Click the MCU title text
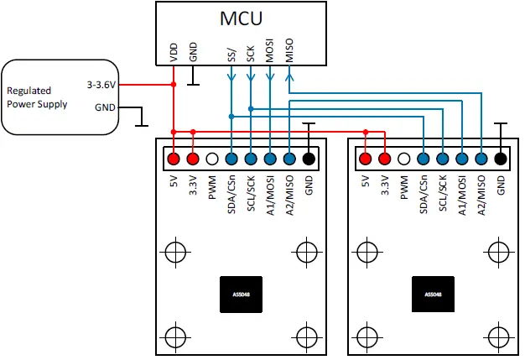(241, 18)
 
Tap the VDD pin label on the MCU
(174, 53)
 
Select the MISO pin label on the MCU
(289, 50)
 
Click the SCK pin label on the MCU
(251, 54)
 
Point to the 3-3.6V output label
(101, 85)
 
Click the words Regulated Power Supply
(37, 97)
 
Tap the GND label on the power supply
(105, 107)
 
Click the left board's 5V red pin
(174, 159)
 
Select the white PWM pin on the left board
(212, 159)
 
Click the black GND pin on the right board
(501, 159)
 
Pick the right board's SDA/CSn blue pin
(424, 159)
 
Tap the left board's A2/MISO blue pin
(289, 159)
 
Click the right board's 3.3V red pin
(385, 159)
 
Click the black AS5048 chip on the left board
(241, 295)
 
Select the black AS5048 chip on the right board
(433, 295)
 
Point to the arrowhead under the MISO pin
(289, 77)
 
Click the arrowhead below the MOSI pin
(270, 77)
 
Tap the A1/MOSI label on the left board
(270, 196)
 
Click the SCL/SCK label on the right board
(443, 193)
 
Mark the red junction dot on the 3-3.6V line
(174, 85)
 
